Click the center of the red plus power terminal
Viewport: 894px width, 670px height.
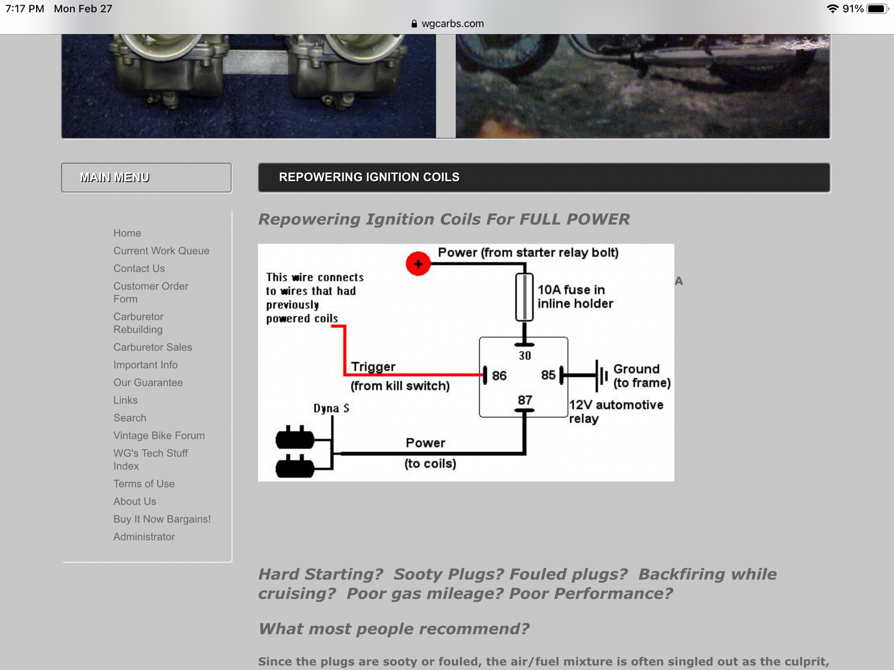[418, 264]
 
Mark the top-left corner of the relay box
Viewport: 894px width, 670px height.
[480, 337]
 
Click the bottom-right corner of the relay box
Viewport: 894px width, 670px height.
[567, 417]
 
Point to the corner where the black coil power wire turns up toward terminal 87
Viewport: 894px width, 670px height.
[524, 453]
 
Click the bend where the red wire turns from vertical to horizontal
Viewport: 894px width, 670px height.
[345, 374]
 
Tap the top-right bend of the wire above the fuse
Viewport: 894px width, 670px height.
[525, 264]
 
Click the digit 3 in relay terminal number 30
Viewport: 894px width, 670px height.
[522, 356]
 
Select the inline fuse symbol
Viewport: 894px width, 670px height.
[524, 298]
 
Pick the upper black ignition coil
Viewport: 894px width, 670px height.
[295, 438]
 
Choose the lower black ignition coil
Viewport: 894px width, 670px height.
[295, 466]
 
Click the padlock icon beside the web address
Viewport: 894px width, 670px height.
[414, 23]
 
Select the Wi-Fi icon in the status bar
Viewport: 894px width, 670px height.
[833, 8]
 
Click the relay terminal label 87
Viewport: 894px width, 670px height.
[525, 400]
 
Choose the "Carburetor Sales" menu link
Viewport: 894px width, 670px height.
[153, 347]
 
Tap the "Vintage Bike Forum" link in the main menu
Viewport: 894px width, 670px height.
[159, 435]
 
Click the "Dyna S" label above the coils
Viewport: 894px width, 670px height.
[331, 409]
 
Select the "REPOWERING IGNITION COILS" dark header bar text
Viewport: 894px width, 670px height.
[369, 177]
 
